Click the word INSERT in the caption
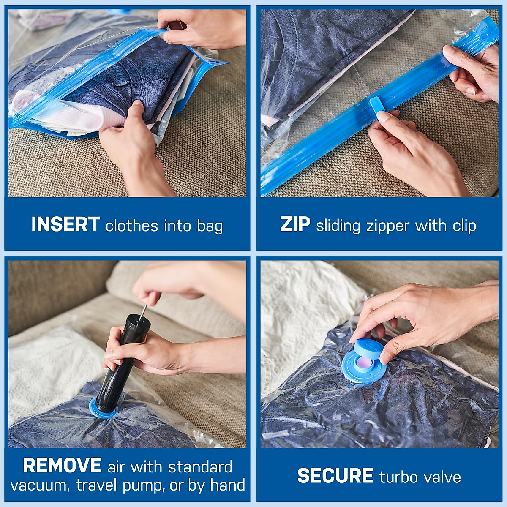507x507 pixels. pyautogui.click(x=65, y=225)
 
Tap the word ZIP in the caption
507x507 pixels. pyautogui.click(x=295, y=224)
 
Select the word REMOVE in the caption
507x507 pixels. pyautogui.click(x=62, y=466)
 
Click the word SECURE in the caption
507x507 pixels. pyautogui.click(x=335, y=476)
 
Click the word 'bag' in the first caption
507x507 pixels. pyautogui.click(x=210, y=226)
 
